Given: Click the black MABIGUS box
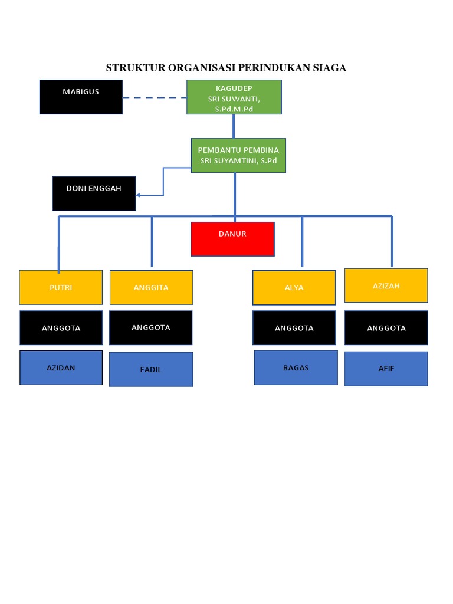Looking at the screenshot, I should click(x=81, y=97).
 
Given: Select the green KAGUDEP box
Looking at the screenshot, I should click(x=234, y=97).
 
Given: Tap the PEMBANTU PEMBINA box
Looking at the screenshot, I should click(x=238, y=156).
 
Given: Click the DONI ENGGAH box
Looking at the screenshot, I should click(x=94, y=193).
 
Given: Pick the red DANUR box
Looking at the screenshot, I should click(x=232, y=239).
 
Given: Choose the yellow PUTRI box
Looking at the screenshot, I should click(x=61, y=287).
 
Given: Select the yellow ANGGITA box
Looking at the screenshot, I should click(x=151, y=287).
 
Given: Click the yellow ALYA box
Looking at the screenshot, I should click(x=294, y=287).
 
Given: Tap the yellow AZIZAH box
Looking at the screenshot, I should click(x=386, y=285).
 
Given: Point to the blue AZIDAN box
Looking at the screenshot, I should click(x=61, y=367).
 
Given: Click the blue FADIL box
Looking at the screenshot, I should click(x=151, y=369).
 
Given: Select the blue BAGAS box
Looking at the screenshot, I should click(x=296, y=367).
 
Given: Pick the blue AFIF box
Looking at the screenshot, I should click(x=386, y=369).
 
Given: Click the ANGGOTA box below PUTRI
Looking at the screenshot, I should click(x=61, y=328).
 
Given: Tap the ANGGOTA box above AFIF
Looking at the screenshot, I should click(x=386, y=328).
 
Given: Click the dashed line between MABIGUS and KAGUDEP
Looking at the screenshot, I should click(x=155, y=98).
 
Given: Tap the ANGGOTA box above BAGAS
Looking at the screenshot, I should click(x=294, y=328).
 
